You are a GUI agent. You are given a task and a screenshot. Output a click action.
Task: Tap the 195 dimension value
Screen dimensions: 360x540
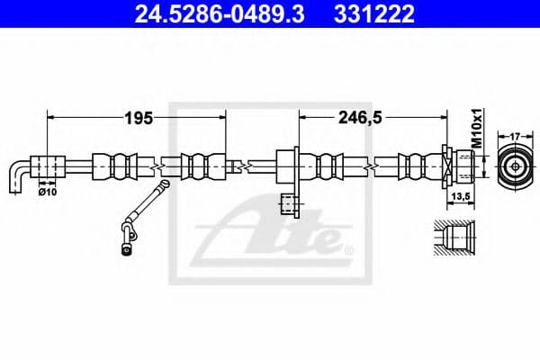[x=138, y=117]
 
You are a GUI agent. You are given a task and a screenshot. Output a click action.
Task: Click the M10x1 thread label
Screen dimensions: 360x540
[x=479, y=129]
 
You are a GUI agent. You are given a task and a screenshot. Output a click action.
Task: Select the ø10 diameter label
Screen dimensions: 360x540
[x=49, y=191]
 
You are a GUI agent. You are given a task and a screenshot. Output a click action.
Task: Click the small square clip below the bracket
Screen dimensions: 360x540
[x=289, y=205]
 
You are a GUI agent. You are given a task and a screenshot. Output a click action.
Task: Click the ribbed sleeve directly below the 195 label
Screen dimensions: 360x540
[x=122, y=166]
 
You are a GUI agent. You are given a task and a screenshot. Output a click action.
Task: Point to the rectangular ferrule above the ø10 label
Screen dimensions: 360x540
[x=49, y=166]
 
